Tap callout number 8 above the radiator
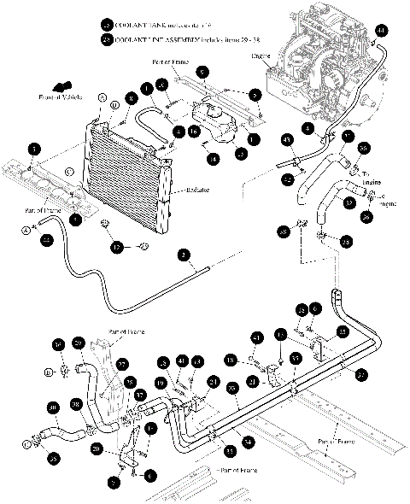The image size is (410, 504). [132, 99]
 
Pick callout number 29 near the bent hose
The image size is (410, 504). [78, 343]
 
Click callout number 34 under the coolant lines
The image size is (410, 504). [247, 441]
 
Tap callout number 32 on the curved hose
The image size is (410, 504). [325, 202]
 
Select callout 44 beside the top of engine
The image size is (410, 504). [381, 31]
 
